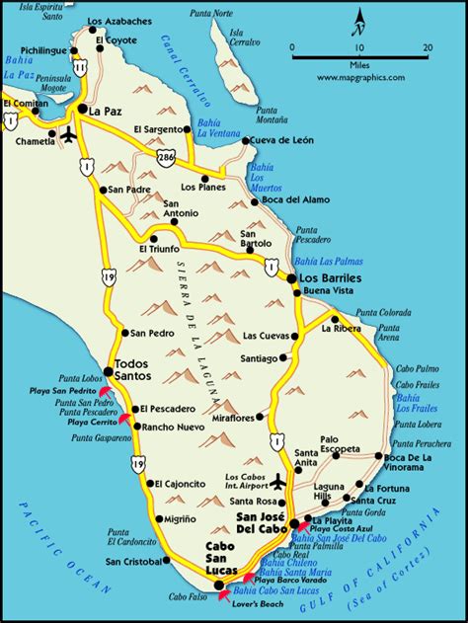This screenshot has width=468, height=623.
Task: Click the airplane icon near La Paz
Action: [67, 133]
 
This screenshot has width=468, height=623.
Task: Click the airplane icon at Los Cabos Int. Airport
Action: [279, 482]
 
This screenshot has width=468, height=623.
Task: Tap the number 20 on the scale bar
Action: [428, 46]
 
